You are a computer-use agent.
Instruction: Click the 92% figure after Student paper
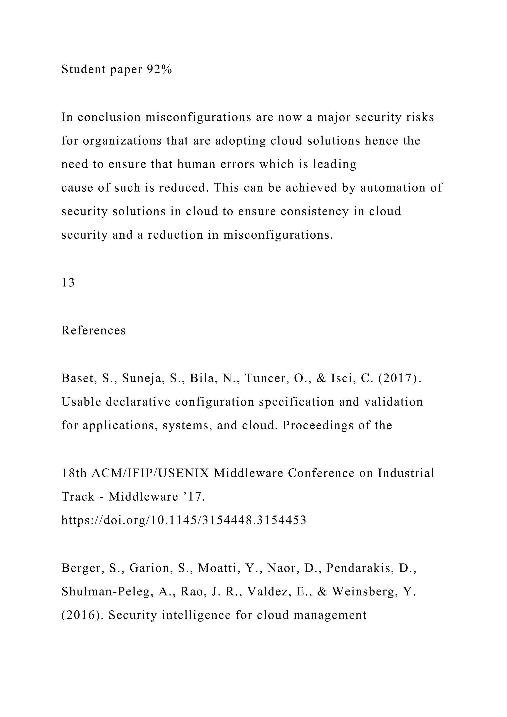[x=159, y=69]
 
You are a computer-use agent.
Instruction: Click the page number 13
[x=68, y=282]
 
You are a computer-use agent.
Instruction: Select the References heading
[x=93, y=330]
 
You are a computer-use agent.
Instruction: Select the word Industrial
[x=406, y=473]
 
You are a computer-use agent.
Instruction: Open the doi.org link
[x=184, y=520]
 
